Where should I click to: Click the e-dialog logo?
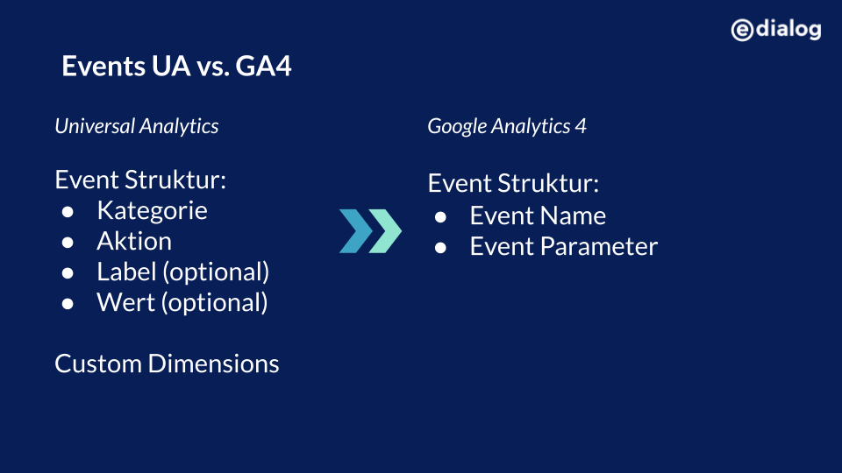pyautogui.click(x=776, y=30)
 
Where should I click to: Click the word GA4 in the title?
pyautogui.click(x=263, y=66)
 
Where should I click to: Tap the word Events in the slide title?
pyautogui.click(x=103, y=66)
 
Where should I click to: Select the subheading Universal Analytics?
pyautogui.click(x=137, y=126)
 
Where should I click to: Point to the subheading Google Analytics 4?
pyautogui.click(x=507, y=126)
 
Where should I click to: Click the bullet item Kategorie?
pyautogui.click(x=152, y=211)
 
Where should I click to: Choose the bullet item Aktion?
pyautogui.click(x=134, y=242)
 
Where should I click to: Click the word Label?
pyautogui.click(x=126, y=272)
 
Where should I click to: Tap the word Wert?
pyautogui.click(x=125, y=302)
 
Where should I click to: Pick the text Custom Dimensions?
pyautogui.click(x=167, y=364)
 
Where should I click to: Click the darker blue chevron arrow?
pyautogui.click(x=356, y=231)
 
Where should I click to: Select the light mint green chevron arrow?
pyautogui.click(x=385, y=231)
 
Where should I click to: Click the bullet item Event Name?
pyautogui.click(x=538, y=215)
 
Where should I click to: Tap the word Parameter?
pyautogui.click(x=599, y=247)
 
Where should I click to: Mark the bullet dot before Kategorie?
pyautogui.click(x=68, y=212)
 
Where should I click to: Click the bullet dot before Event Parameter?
pyautogui.click(x=441, y=248)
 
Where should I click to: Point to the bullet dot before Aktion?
pyautogui.click(x=68, y=243)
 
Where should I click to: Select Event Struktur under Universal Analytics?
pyautogui.click(x=140, y=180)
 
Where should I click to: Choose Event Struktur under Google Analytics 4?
pyautogui.click(x=513, y=183)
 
